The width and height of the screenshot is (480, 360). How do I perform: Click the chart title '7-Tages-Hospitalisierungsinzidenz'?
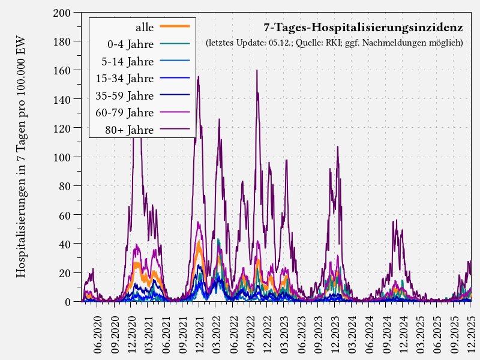363,28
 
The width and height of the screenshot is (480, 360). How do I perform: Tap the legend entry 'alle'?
145,27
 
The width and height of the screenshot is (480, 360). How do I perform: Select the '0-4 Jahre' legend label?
130,44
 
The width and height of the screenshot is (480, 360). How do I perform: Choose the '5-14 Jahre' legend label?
128,61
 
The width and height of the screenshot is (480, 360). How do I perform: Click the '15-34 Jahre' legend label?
125,79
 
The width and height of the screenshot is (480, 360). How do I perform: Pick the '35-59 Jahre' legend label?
125,96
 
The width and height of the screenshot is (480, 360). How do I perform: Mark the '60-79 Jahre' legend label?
125,113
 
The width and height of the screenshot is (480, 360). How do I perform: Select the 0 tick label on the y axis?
68,302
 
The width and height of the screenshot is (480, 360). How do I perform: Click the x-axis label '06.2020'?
98,337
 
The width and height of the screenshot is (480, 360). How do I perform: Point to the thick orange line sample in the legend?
175,27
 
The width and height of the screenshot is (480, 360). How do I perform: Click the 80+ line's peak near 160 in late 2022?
257,71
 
